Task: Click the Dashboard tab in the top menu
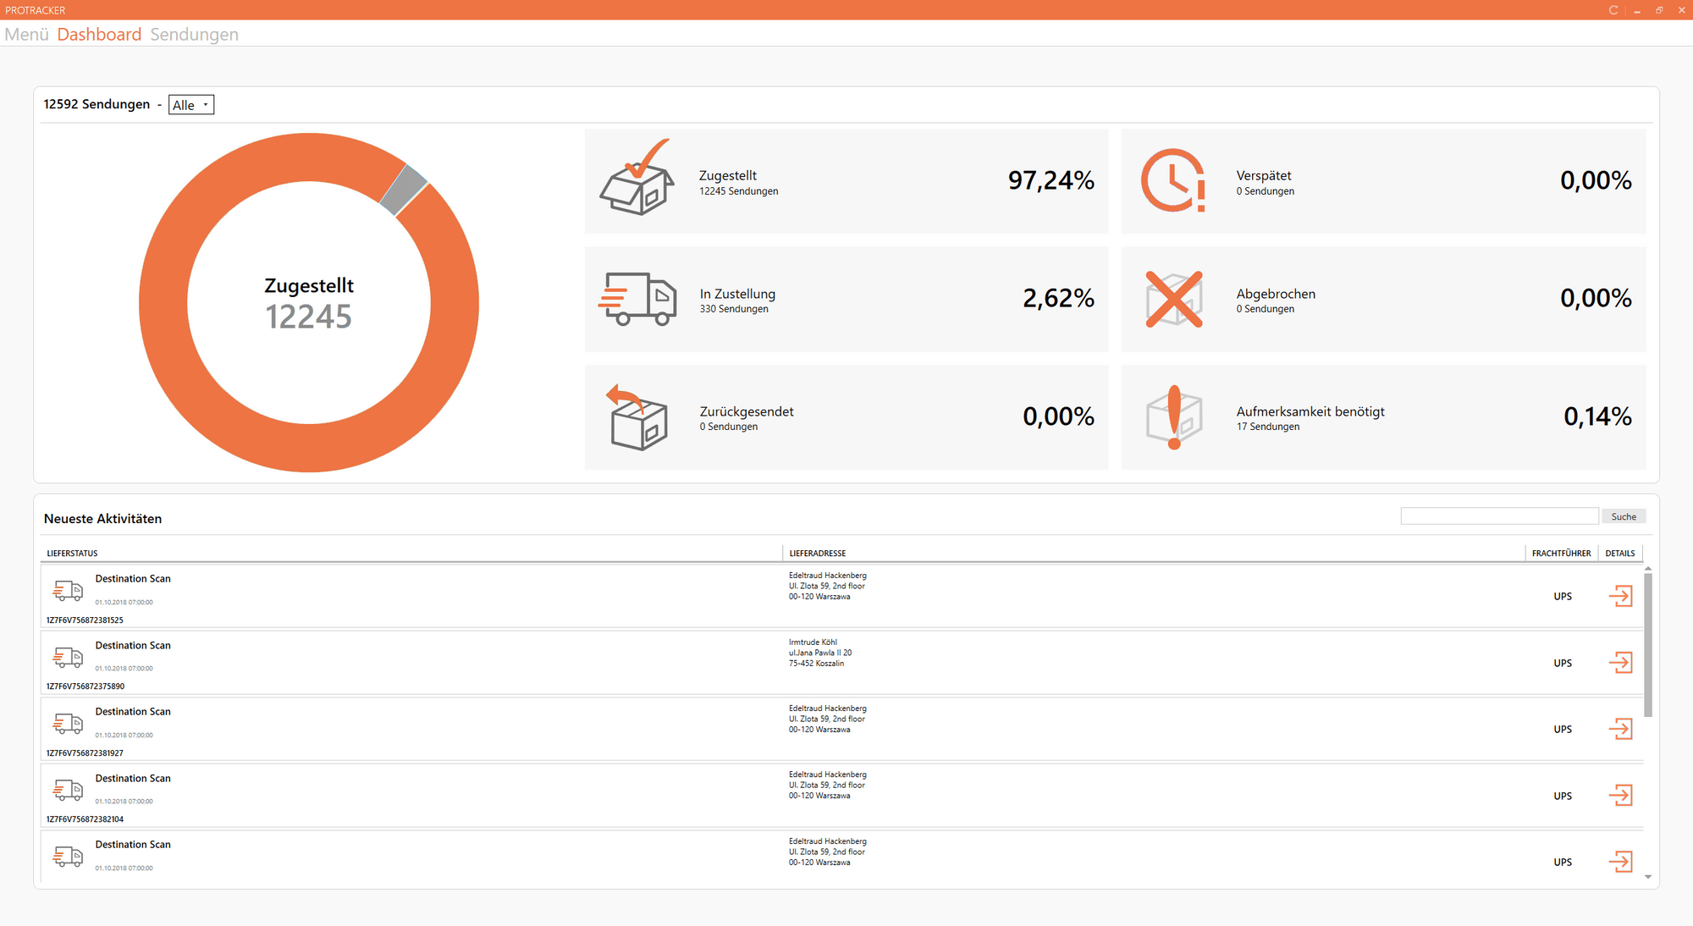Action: click(x=99, y=35)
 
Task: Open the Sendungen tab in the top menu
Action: click(x=194, y=35)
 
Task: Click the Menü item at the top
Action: click(x=26, y=35)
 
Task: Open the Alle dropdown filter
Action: click(x=191, y=105)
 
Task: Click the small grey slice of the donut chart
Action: click(x=403, y=189)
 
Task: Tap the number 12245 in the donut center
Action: click(x=308, y=317)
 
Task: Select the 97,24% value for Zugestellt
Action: click(x=1051, y=180)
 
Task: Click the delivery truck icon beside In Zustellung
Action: click(x=637, y=299)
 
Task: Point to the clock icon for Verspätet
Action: click(x=1173, y=180)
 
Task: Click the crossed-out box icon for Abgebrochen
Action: click(x=1173, y=299)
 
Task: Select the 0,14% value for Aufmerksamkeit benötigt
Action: click(x=1596, y=416)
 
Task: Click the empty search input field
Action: click(x=1498, y=516)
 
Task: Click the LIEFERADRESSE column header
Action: click(x=818, y=554)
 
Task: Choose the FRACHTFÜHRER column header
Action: click(x=1561, y=554)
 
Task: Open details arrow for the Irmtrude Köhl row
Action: click(x=1620, y=663)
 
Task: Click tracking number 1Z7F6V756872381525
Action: click(x=85, y=620)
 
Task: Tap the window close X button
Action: click(x=1681, y=10)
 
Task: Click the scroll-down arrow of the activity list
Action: click(x=1648, y=877)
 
